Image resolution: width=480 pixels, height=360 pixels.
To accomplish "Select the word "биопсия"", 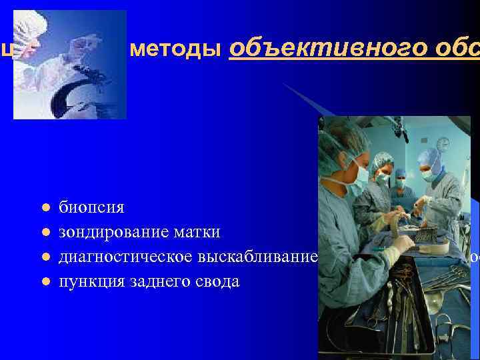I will [x=91, y=207].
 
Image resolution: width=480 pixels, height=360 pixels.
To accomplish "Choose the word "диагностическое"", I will [x=127, y=257].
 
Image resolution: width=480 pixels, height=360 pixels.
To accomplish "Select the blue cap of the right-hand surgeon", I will [x=428, y=157].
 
